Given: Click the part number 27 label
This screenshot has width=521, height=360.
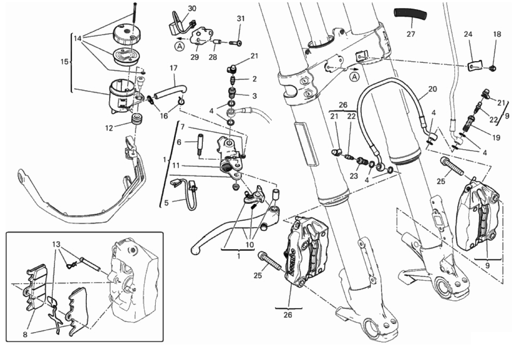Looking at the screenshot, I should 410,33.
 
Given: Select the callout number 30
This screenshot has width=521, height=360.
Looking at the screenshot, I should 192,9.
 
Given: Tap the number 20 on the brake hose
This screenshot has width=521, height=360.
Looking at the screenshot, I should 432,89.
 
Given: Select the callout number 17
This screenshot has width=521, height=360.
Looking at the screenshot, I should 173,69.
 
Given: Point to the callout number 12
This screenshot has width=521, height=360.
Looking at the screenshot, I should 110,128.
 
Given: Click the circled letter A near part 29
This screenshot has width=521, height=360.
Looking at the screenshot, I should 179,45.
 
